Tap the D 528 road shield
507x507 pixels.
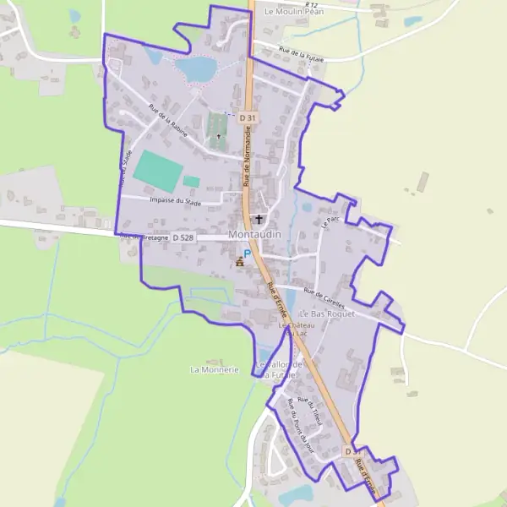pyautogui.click(x=183, y=239)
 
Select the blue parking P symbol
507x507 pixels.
pyautogui.click(x=247, y=253)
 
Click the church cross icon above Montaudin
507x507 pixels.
pyautogui.click(x=258, y=219)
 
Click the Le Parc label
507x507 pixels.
pyautogui.click(x=330, y=221)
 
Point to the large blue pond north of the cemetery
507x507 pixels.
pyautogui.click(x=197, y=68)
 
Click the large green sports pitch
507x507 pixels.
pyautogui.click(x=156, y=170)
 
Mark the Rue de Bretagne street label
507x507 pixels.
pyautogui.click(x=144, y=237)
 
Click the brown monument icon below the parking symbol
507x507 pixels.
pyautogui.click(x=240, y=263)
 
